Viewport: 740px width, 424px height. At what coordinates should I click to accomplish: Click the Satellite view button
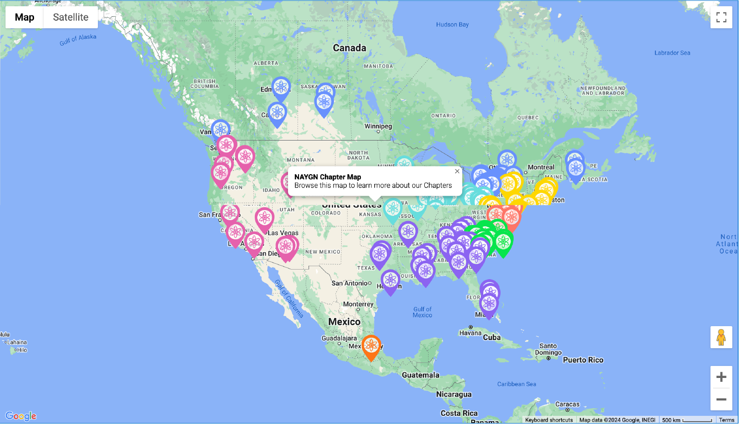71,17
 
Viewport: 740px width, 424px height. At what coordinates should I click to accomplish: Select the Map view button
24,17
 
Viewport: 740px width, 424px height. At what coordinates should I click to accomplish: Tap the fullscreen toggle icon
721,18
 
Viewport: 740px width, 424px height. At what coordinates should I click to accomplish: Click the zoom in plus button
721,377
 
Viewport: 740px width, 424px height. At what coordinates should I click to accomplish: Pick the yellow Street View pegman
721,337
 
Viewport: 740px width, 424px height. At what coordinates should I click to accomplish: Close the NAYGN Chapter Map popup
457,171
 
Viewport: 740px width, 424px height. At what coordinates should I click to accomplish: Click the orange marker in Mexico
371,345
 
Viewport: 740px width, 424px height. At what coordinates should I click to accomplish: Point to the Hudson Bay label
452,24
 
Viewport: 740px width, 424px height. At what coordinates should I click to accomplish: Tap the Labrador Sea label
672,53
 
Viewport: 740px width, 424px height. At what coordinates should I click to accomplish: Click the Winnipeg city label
378,127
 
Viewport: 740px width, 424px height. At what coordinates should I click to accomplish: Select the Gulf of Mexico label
422,312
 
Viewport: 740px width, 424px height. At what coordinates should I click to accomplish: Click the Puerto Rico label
583,360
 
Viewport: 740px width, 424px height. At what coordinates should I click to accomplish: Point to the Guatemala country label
420,375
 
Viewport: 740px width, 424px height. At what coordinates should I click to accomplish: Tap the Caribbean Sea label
516,384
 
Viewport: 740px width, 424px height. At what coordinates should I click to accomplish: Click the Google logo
21,416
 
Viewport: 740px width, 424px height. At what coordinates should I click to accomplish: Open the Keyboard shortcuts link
549,420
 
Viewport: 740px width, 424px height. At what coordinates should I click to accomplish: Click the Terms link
726,420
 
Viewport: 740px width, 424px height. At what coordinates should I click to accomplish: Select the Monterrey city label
358,304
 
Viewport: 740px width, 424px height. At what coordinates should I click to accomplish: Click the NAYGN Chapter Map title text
327,177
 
